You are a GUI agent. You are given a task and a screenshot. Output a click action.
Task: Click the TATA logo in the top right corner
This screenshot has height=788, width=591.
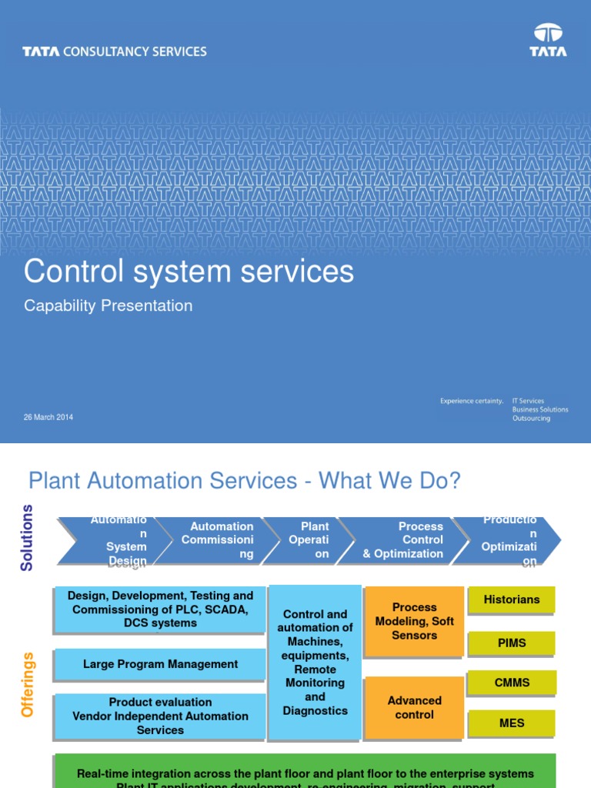(548, 40)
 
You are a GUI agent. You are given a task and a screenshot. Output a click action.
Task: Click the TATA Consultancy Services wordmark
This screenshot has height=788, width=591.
(115, 52)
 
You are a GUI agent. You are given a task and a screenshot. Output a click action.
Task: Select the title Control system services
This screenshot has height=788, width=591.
(189, 272)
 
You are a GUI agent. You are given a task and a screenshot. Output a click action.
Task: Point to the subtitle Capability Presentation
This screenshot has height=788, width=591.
(108, 306)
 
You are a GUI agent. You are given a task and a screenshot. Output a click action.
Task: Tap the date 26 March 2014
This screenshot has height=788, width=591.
(48, 417)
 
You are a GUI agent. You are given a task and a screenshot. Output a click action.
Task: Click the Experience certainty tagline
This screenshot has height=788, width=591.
(471, 401)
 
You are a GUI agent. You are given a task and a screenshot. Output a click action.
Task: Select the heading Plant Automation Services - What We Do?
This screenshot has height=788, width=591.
(244, 481)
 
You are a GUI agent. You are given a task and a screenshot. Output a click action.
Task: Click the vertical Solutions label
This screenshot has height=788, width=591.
(28, 537)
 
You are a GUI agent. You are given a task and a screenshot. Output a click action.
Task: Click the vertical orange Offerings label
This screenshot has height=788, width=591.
(28, 685)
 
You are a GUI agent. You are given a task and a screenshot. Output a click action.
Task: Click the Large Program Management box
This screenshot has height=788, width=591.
(160, 664)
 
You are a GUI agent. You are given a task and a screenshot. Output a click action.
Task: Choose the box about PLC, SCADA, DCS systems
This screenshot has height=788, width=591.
(160, 609)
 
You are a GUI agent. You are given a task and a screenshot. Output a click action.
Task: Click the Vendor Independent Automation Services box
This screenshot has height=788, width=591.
(160, 716)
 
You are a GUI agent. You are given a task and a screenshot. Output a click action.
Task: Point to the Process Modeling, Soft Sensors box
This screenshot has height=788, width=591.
(414, 621)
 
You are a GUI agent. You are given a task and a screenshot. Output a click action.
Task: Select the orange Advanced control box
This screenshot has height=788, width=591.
(414, 707)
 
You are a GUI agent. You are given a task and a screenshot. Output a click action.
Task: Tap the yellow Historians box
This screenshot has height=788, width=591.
(511, 599)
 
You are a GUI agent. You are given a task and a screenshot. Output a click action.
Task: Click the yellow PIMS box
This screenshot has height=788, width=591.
(511, 643)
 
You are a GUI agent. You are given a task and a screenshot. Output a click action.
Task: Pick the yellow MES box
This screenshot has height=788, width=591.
(511, 723)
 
